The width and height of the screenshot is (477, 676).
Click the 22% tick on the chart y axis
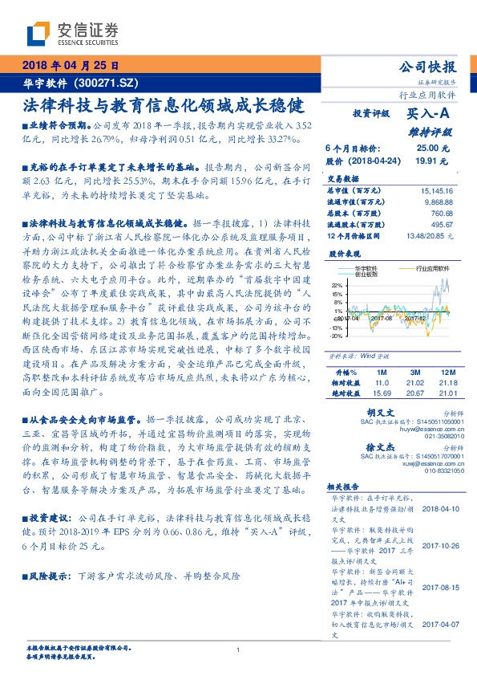(337, 284)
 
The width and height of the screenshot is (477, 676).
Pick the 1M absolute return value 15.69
(382, 393)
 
